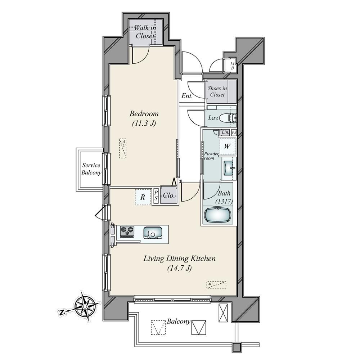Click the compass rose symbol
click(85, 306)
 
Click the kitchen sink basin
click(153, 233)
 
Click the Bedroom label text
click(144, 114)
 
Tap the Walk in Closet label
click(145, 32)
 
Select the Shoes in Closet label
click(217, 91)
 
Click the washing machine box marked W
click(228, 146)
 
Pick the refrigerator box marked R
click(143, 197)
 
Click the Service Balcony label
click(91, 169)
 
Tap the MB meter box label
click(232, 66)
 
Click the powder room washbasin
click(229, 168)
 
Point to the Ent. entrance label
click(187, 96)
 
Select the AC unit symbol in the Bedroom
click(123, 148)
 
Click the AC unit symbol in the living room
click(216, 285)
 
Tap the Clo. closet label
click(169, 195)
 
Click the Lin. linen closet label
click(225, 132)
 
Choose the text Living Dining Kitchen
click(180, 259)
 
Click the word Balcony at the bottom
click(179, 321)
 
